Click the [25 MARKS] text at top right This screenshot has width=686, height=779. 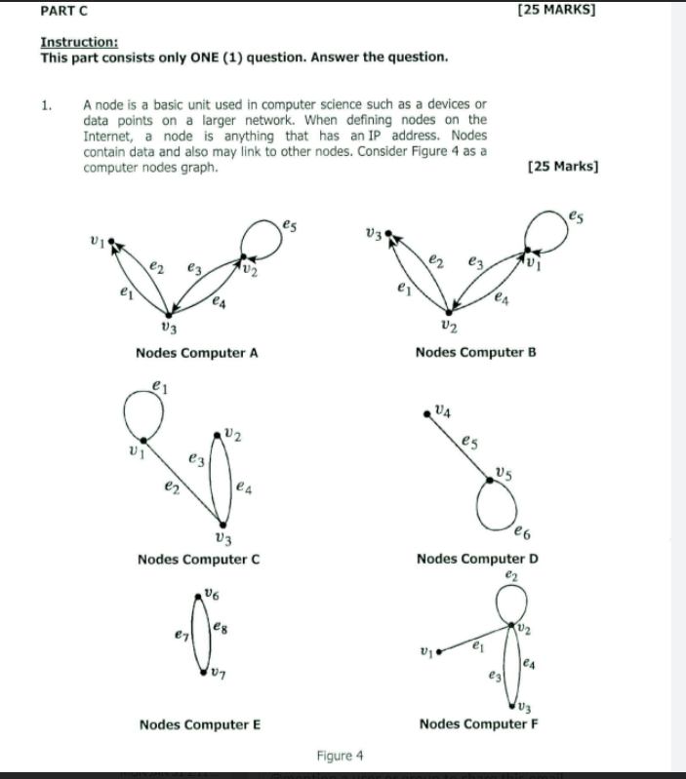click(x=558, y=11)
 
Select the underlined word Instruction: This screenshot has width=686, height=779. click(x=79, y=42)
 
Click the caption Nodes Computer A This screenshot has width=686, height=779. click(x=196, y=353)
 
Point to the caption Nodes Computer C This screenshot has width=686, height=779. click(x=198, y=559)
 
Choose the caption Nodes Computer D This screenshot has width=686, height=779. click(x=477, y=559)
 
